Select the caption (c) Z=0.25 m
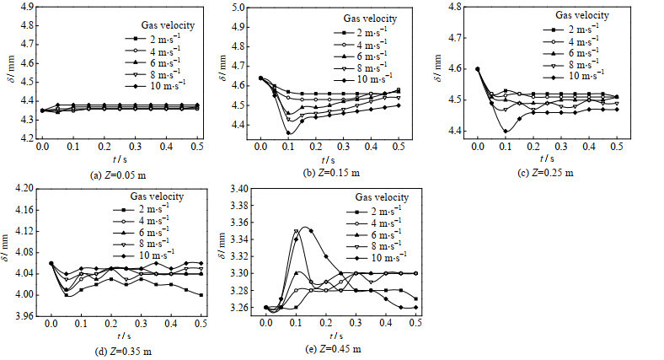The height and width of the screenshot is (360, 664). pos(548,173)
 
